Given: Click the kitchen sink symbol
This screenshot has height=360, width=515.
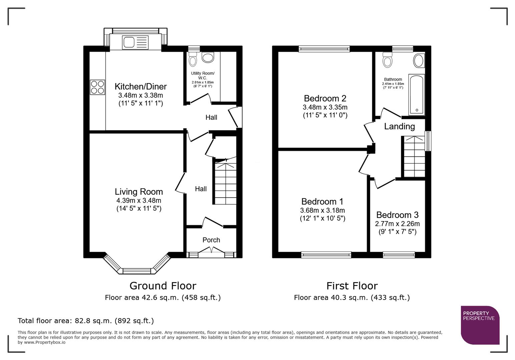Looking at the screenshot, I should [x=135, y=43].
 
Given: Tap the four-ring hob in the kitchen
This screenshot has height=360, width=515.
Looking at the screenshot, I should [x=97, y=87].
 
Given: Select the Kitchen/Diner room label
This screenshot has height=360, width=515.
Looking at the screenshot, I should [x=140, y=87].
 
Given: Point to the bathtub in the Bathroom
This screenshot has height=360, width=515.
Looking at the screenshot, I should [x=416, y=95].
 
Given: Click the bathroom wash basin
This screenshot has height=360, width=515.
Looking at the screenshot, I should [x=419, y=61].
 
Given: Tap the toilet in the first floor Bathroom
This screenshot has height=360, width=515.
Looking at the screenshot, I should [x=388, y=60].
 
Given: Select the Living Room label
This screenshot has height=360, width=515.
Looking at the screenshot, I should [x=139, y=192].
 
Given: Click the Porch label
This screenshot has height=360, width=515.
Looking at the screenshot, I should [x=211, y=240].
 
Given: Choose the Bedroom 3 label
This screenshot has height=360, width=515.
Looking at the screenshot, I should [x=397, y=215].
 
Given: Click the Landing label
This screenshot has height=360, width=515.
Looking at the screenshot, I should [x=399, y=127].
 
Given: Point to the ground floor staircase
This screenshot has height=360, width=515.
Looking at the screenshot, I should [x=225, y=183].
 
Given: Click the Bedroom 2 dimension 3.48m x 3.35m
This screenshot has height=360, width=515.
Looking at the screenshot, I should [x=325, y=107].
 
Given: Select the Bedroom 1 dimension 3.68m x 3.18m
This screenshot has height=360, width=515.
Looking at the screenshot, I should [x=322, y=210].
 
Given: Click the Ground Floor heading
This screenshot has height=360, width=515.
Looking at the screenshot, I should [x=163, y=286].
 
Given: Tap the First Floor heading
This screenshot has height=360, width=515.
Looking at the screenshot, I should [x=352, y=286].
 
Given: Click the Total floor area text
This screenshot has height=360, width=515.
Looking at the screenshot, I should [x=86, y=321].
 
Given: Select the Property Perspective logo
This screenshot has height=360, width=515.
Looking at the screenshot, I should [x=480, y=325].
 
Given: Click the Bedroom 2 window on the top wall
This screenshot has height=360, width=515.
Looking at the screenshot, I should [x=324, y=49].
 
